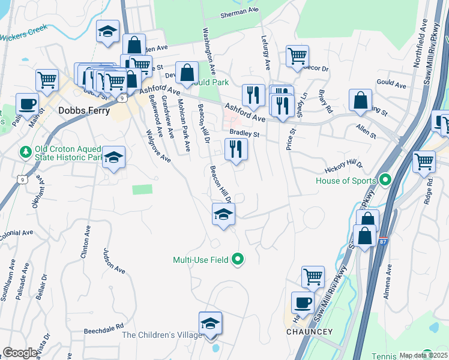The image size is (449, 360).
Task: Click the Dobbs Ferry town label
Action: tap(84, 111)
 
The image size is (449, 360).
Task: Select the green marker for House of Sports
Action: tap(385, 180)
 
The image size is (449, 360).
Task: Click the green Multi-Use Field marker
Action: tap(238, 260)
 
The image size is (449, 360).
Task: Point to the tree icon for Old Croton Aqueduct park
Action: tap(25, 150)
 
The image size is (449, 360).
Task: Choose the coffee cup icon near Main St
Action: tap(26, 103)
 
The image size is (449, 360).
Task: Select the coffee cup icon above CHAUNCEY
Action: tap(303, 302)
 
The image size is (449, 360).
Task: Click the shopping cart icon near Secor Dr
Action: tap(297, 56)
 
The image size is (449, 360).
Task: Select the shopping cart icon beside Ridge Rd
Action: tap(424, 161)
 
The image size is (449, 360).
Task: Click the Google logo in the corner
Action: tap(20, 353)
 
